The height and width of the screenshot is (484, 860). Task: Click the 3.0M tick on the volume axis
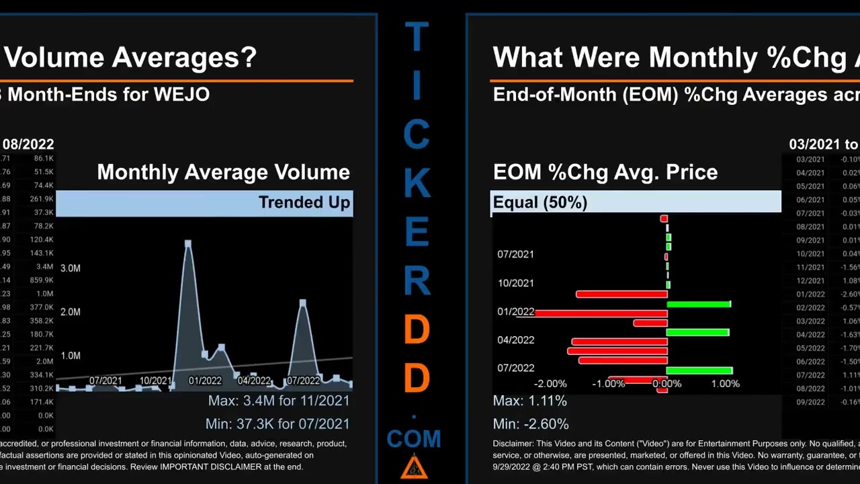[x=71, y=268]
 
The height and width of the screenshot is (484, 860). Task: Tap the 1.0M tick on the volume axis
[x=71, y=356]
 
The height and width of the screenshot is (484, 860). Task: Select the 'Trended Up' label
[x=304, y=203]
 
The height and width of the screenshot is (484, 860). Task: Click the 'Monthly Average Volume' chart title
[x=223, y=172]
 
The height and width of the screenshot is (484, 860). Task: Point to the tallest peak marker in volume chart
[x=188, y=243]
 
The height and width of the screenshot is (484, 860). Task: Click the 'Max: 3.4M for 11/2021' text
[x=278, y=401]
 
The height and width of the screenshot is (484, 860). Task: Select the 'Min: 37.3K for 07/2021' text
[x=277, y=424]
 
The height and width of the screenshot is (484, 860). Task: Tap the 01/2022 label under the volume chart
[x=205, y=380]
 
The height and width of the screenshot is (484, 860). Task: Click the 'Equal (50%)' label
[x=540, y=202]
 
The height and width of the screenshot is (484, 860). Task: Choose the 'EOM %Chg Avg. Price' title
[x=605, y=172]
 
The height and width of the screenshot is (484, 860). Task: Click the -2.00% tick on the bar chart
[x=550, y=384]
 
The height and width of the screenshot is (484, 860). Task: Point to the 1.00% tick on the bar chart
[x=725, y=384]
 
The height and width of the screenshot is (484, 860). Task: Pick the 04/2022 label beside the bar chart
[x=515, y=340]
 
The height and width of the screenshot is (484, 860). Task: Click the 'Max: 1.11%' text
[x=529, y=401]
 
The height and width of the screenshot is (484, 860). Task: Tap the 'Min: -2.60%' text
[x=530, y=424]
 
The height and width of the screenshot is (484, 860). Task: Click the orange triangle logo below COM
[x=414, y=467]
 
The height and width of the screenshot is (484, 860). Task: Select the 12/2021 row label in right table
[x=810, y=280]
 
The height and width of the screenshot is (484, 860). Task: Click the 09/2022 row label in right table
[x=810, y=402]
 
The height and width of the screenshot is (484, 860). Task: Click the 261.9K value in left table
[x=42, y=199]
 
